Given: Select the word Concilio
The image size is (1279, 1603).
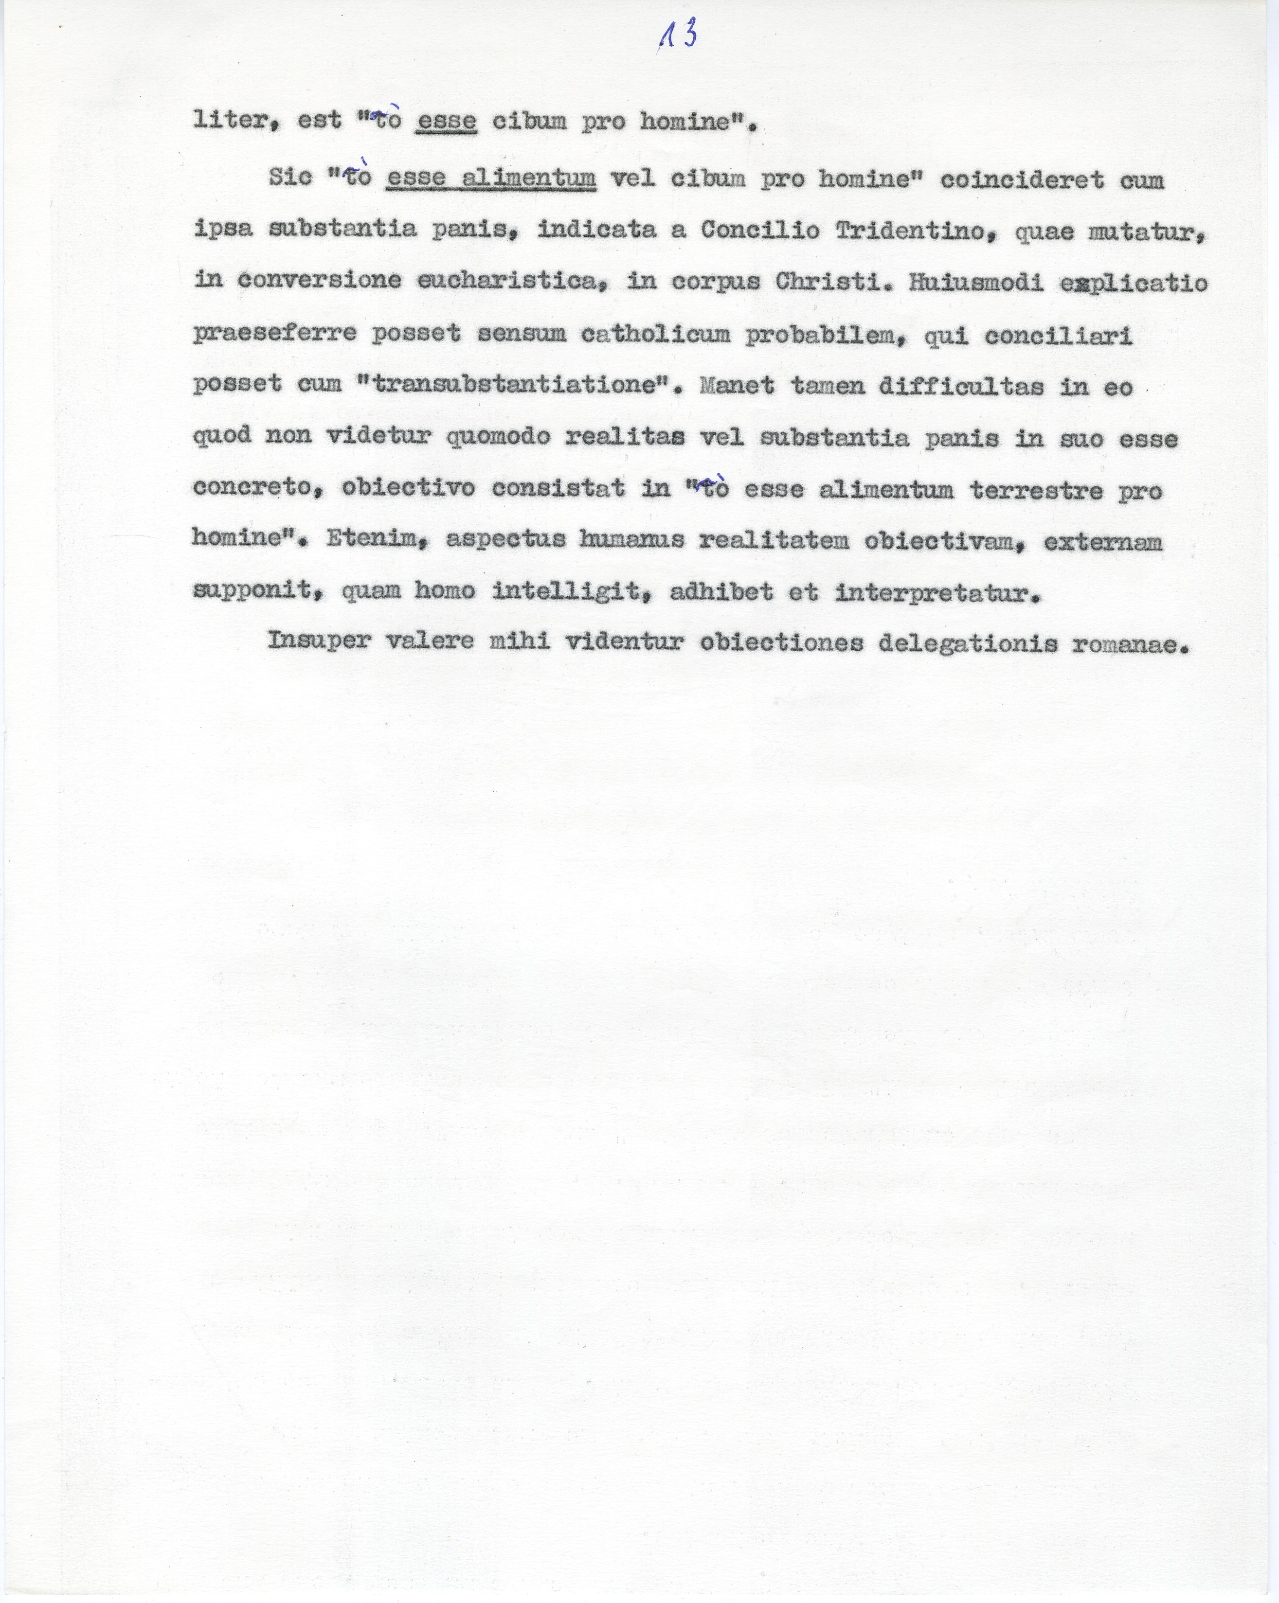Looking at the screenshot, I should click(760, 231).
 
